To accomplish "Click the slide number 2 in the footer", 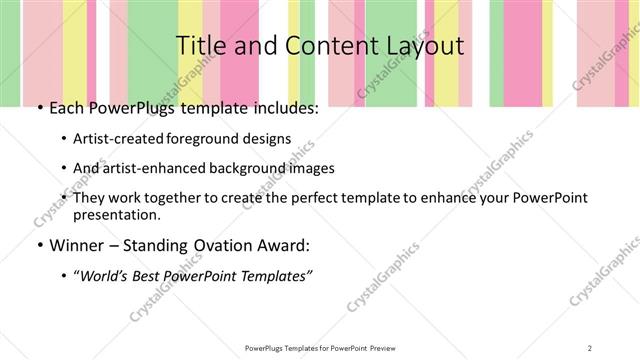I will tap(590, 347).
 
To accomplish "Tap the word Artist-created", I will tap(116, 139).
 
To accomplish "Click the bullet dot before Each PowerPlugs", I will tap(39, 109).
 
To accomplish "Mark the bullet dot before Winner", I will tap(39, 245).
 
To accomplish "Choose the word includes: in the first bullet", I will tap(282, 109).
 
